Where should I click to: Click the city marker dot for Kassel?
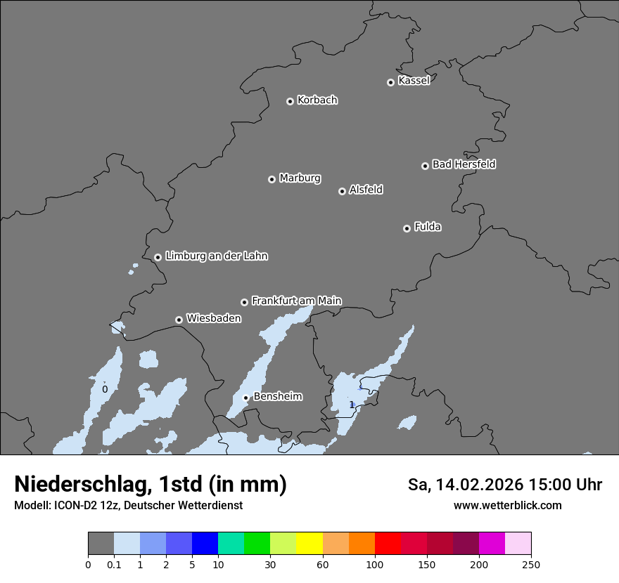(x=390, y=82)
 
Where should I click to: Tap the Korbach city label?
(x=317, y=100)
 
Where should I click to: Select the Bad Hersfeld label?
(x=464, y=164)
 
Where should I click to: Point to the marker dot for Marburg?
(x=272, y=179)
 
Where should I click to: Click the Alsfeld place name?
(x=366, y=190)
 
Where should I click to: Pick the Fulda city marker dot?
(x=407, y=228)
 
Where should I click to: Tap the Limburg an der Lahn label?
(x=216, y=256)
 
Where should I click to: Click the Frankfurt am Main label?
(x=296, y=301)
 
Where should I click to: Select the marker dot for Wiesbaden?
(x=179, y=320)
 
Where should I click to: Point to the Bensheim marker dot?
(x=245, y=398)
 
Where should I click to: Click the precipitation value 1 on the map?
(x=352, y=405)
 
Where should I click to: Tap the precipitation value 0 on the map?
(x=105, y=389)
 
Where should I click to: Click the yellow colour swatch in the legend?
(x=309, y=544)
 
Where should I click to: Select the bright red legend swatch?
(x=388, y=544)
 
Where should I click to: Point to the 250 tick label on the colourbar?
(x=531, y=564)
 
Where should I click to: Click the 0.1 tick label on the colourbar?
(x=114, y=564)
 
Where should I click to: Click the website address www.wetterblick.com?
(x=507, y=505)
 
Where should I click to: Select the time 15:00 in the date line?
(x=542, y=485)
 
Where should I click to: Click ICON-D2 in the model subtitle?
(x=70, y=506)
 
